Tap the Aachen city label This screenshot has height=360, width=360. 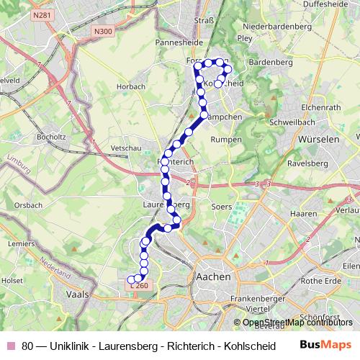213,276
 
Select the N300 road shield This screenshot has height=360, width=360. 102,31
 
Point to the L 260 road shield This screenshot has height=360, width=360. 141,286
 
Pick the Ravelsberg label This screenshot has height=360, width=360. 309,164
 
